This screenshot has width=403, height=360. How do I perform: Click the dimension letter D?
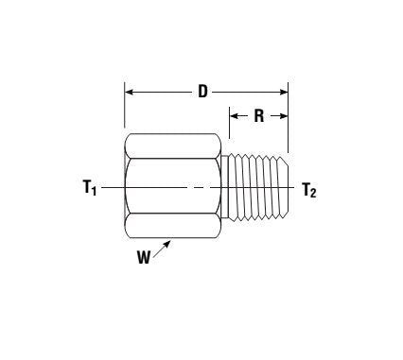coord(202,92)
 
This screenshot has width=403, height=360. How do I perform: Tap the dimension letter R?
coord(258,117)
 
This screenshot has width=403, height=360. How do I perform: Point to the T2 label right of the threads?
coord(309,189)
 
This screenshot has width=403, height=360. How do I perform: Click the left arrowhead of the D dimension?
coord(131,93)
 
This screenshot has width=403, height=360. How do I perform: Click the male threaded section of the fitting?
coord(257,187)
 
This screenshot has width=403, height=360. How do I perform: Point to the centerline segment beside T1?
coord(112,188)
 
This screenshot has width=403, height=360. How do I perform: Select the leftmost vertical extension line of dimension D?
coord(125,109)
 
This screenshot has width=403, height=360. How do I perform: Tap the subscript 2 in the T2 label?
coord(314,193)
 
